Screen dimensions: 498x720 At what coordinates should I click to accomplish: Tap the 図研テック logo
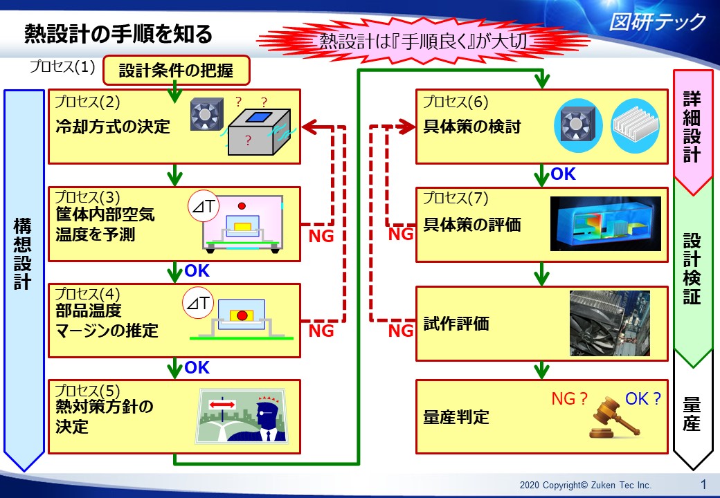tap(657, 22)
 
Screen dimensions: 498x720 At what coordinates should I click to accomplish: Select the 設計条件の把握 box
tap(175, 70)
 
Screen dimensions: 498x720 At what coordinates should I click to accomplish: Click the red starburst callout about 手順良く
tap(424, 41)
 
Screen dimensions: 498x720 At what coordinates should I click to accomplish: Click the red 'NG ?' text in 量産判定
tap(569, 399)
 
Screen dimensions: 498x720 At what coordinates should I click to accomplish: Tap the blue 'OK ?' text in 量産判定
tap(643, 398)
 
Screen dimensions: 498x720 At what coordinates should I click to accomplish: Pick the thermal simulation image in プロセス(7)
tap(605, 223)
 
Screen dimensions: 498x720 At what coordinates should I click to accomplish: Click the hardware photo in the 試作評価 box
tap(609, 323)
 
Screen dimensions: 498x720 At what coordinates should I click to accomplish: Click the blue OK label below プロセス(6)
tap(563, 174)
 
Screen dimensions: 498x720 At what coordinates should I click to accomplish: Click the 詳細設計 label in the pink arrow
tap(692, 126)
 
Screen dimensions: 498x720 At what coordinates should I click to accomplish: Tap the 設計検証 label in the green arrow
tap(692, 268)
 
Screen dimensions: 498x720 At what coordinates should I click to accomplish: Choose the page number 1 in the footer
tap(703, 484)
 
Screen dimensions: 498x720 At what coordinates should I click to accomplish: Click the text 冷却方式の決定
tap(113, 127)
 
